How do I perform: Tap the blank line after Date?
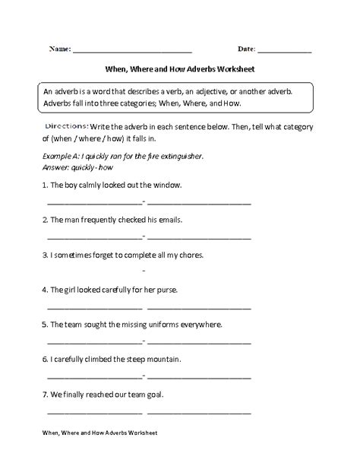[285, 52]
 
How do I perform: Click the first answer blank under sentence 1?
[94, 203]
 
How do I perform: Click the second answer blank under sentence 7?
[199, 412]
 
